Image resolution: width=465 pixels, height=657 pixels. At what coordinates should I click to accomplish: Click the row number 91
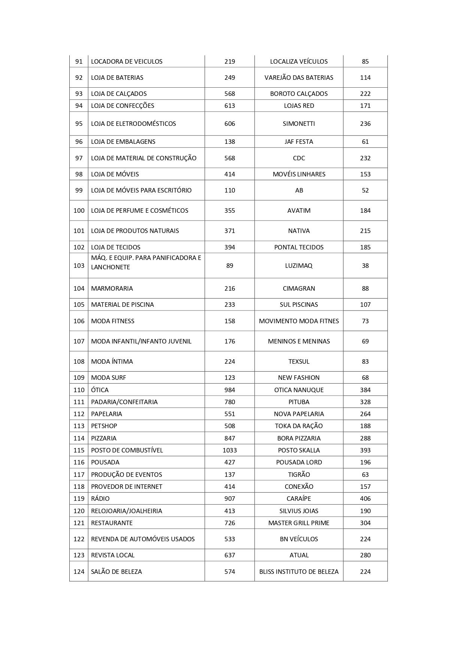coord(79,61)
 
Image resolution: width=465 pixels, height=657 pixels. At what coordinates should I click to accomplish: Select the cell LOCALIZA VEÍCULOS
coord(299,61)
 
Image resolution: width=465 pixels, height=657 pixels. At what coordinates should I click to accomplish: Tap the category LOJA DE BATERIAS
coord(117,78)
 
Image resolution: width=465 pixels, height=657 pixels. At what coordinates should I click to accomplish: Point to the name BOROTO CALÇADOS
coord(299,94)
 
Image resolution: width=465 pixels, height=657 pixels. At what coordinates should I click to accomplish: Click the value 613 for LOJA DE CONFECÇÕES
coord(229,106)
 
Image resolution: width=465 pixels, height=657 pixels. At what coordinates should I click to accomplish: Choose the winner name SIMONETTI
coord(299,124)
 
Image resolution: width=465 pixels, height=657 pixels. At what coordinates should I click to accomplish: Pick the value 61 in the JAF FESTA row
coord(365,142)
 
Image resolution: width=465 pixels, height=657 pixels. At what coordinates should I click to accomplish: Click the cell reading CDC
coord(299,158)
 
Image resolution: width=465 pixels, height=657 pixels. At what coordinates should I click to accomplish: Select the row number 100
coord(79,211)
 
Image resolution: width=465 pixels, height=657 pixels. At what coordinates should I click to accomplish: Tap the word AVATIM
coord(299,211)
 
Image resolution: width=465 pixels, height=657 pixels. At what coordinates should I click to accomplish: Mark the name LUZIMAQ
coord(299,266)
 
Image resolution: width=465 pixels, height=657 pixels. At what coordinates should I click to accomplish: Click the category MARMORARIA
coord(112,288)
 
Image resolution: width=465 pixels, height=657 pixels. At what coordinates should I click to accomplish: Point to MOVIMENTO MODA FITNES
coord(299,321)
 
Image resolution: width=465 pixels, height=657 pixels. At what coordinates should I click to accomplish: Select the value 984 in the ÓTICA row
coord(229,390)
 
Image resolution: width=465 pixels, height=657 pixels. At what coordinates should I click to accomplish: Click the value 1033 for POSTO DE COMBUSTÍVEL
coord(229,450)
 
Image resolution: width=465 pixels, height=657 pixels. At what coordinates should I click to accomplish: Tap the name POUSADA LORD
coord(299,462)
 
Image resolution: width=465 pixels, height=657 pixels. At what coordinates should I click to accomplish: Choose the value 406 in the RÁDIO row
coord(365,499)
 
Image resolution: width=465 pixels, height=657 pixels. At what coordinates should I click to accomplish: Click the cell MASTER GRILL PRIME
coord(299,523)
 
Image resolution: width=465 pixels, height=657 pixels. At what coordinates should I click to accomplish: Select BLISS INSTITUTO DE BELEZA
coord(299,572)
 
